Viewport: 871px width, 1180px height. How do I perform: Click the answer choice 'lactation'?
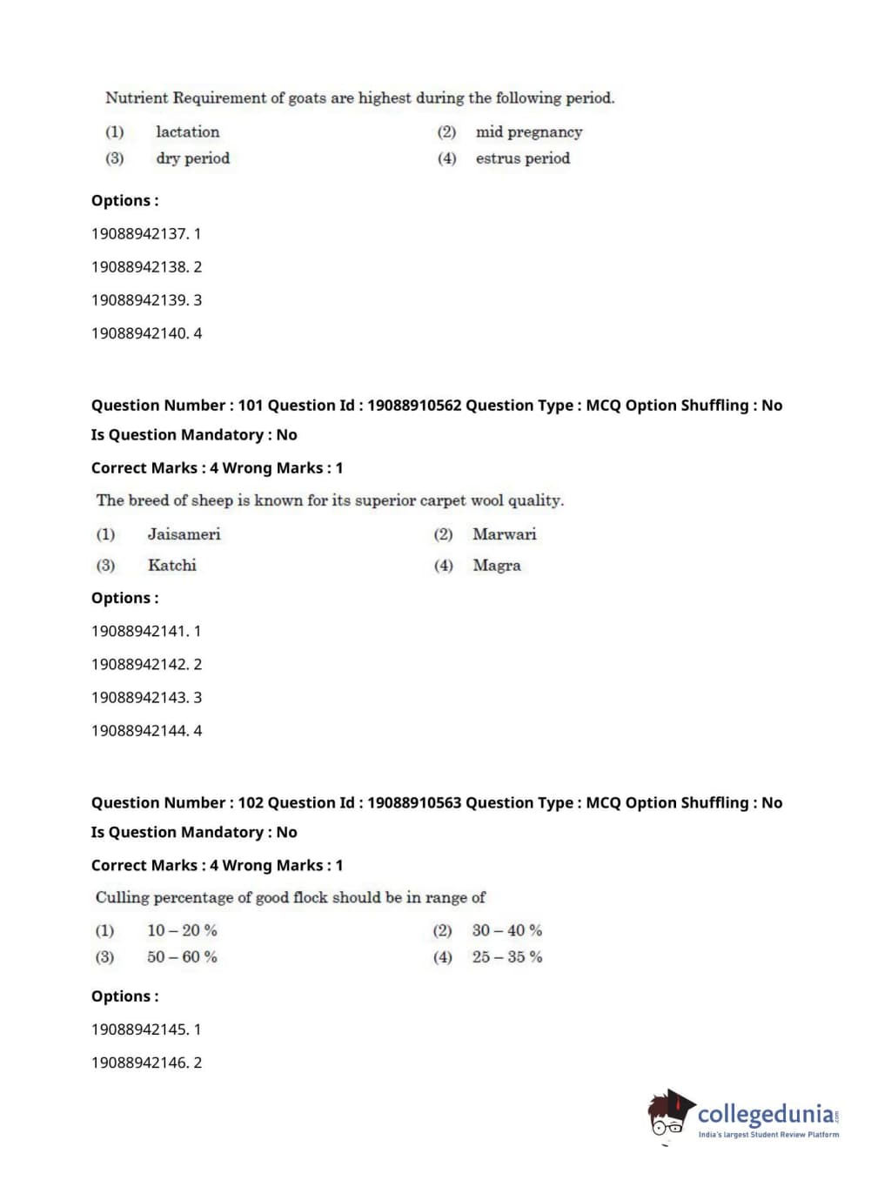click(x=187, y=132)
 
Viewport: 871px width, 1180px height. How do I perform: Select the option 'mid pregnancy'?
click(x=528, y=132)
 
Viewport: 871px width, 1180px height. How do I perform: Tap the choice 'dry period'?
click(x=192, y=158)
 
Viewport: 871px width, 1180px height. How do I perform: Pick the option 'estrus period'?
click(x=522, y=158)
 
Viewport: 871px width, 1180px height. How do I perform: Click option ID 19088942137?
click(x=139, y=234)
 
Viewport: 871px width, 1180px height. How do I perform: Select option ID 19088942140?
click(x=139, y=333)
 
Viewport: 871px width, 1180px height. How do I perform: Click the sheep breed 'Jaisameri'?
click(x=184, y=534)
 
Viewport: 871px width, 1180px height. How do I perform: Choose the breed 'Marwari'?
click(x=504, y=534)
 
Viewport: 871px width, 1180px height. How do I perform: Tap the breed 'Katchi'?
click(x=171, y=566)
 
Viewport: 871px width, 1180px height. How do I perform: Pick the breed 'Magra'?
click(x=496, y=566)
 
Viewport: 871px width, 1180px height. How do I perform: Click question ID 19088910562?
click(x=414, y=406)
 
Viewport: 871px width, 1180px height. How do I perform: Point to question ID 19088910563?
click(x=414, y=803)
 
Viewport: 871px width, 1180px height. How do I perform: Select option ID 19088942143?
click(x=139, y=698)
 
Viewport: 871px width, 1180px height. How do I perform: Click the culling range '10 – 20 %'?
click(x=182, y=931)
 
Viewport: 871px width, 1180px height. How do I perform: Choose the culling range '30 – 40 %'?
click(x=506, y=931)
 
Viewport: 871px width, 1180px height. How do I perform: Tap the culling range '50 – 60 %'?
click(x=182, y=957)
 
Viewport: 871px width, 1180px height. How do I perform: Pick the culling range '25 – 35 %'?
click(x=506, y=957)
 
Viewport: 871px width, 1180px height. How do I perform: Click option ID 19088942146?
click(x=139, y=1063)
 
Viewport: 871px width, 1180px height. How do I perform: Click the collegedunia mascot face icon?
click(x=668, y=1116)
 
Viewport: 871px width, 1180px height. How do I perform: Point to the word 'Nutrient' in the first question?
click(x=136, y=98)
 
